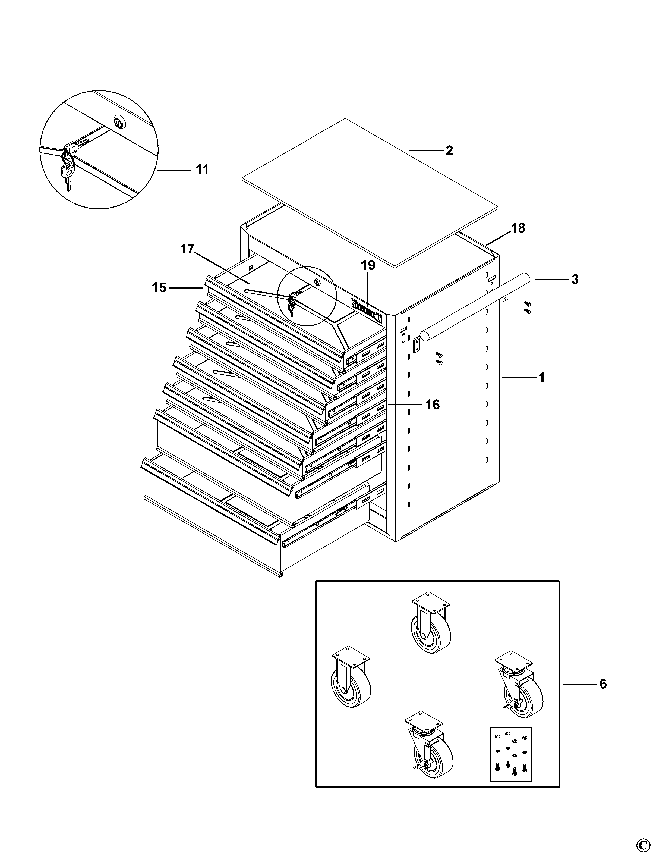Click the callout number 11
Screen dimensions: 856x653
click(x=202, y=170)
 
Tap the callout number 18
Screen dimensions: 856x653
click(x=518, y=228)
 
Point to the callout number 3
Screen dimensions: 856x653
click(x=575, y=279)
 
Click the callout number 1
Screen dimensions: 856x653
click(x=541, y=377)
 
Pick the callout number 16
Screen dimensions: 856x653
click(x=432, y=405)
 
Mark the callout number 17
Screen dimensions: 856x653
click(x=187, y=249)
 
